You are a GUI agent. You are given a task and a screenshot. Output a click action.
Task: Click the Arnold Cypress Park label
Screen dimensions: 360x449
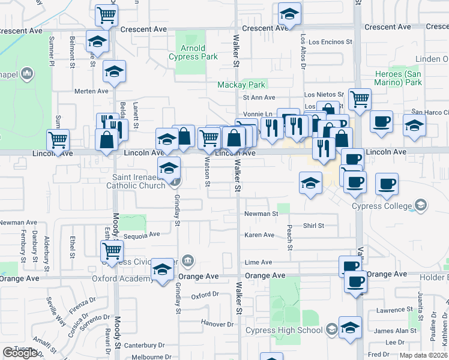pyautogui.click(x=194, y=52)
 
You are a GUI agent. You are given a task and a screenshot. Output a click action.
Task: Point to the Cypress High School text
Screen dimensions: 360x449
pyautogui.click(x=284, y=331)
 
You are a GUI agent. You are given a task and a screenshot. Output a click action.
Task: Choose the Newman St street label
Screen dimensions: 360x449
pyautogui.click(x=262, y=214)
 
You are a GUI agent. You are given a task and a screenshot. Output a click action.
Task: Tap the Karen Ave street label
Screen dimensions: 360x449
pyautogui.click(x=259, y=235)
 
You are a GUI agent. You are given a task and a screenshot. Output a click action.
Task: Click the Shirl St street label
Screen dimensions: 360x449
pyautogui.click(x=313, y=226)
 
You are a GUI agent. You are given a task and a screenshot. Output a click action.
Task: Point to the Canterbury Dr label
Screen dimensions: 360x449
pyautogui.click(x=144, y=345)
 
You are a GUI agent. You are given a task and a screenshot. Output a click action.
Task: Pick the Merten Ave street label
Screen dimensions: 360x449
pyautogui.click(x=91, y=91)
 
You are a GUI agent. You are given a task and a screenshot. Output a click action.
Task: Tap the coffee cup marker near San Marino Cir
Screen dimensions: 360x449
pyautogui.click(x=381, y=122)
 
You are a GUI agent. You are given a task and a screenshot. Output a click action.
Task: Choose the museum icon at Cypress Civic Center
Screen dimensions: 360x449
pyautogui.click(x=188, y=260)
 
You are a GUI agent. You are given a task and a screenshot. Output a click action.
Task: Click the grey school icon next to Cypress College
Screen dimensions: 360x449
pyautogui.click(x=421, y=206)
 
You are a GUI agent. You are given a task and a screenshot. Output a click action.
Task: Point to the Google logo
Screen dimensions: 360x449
pyautogui.click(x=19, y=353)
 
